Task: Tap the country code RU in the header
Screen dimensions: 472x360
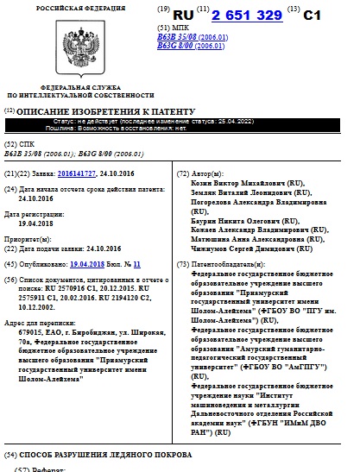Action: click(183, 15)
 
